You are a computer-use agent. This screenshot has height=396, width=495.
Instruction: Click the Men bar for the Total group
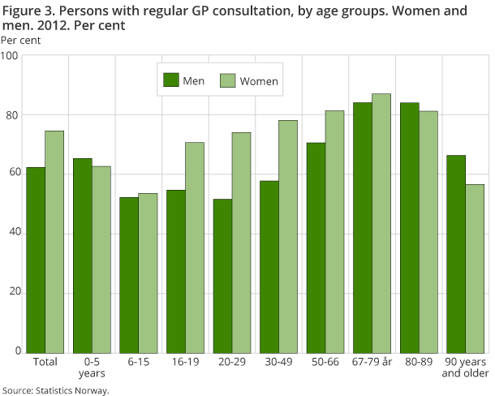pos(36,260)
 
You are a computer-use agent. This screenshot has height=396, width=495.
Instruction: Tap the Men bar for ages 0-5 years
pos(83,256)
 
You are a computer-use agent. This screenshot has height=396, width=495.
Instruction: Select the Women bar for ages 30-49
pos(288,236)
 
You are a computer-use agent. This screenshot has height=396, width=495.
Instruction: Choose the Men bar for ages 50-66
pos(316,247)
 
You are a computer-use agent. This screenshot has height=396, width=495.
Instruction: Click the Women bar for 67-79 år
pos(381,223)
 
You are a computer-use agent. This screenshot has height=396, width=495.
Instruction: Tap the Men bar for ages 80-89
pos(409,227)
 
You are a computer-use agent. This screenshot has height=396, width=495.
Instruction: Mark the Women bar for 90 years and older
pos(475,269)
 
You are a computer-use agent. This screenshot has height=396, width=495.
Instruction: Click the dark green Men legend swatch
pos(171,80)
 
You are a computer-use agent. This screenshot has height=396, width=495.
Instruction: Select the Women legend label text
pos(260,80)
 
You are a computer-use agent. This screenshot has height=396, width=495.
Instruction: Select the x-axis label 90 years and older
pos(465,367)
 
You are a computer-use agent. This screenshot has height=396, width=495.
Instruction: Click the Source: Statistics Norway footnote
pos(55,390)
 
